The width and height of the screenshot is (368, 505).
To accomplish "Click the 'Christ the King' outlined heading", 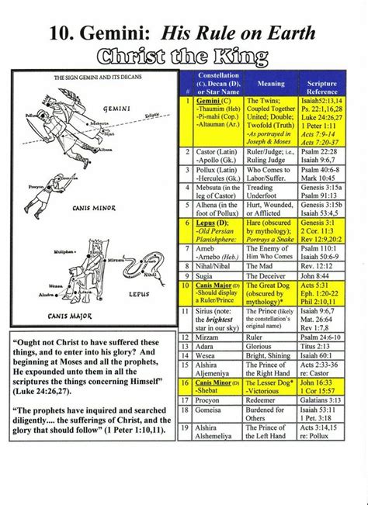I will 184,55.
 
